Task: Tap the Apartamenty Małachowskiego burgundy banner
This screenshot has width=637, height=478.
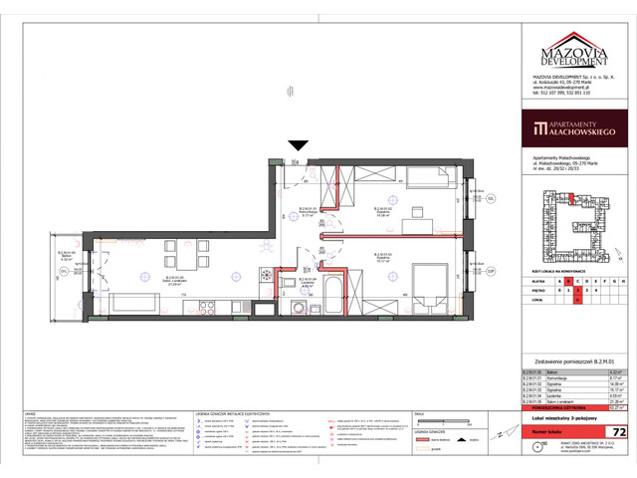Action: pyautogui.click(x=574, y=128)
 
